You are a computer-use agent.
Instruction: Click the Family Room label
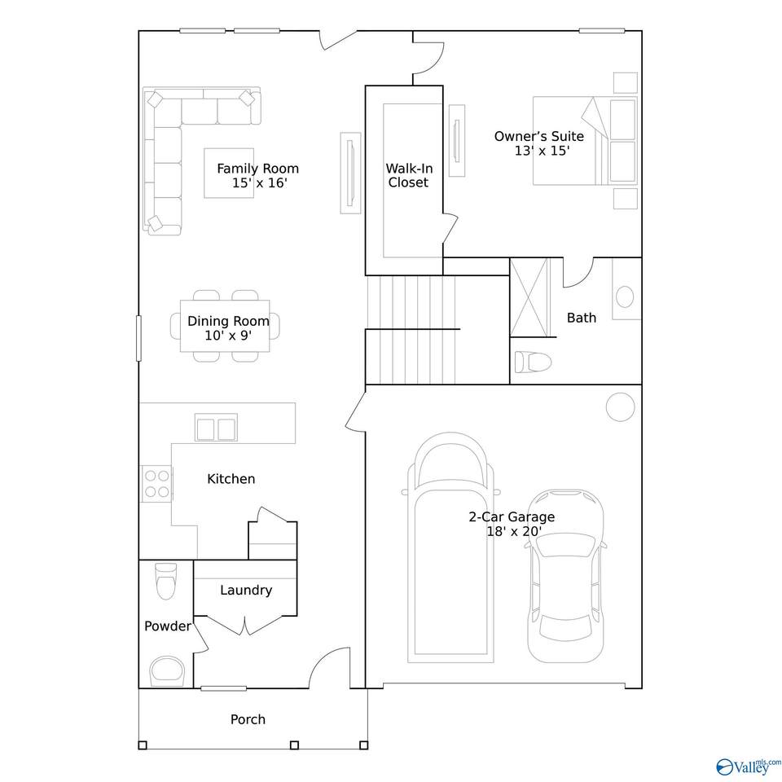258,169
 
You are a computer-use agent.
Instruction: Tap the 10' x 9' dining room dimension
228,336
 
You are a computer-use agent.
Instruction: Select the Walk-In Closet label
409,176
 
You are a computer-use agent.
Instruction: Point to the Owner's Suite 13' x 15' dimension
543,151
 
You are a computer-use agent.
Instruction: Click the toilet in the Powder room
166,581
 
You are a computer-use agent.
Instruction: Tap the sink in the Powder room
167,670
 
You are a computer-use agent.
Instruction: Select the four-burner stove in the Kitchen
156,484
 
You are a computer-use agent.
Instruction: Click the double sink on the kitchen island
216,428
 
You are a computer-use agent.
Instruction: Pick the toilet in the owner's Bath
533,361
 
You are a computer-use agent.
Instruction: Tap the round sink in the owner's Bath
625,297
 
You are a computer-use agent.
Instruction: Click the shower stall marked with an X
529,298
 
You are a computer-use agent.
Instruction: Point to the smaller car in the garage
565,577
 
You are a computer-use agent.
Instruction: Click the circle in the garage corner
621,407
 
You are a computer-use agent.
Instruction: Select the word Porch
248,719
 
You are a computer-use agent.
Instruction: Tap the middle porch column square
294,745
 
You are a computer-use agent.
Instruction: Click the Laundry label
246,591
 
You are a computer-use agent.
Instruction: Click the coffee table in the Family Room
229,173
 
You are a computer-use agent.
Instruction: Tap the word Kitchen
231,479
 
